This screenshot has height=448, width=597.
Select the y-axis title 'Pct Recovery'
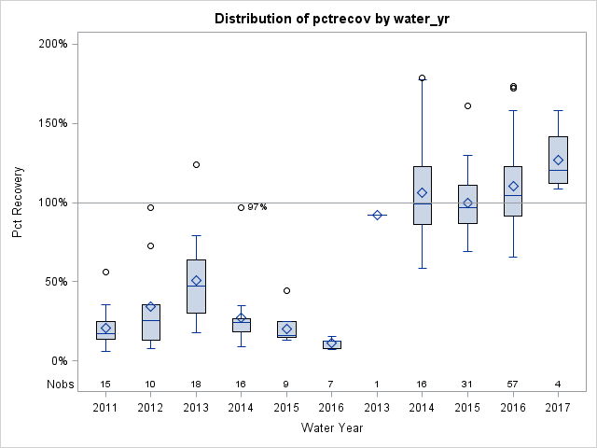19,203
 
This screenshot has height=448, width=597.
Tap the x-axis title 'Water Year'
332,427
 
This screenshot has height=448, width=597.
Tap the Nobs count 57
513,384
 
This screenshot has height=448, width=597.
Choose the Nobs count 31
467,384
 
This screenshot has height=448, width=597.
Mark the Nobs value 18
196,384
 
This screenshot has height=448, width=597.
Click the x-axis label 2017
558,408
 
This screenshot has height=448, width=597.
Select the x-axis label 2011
105,408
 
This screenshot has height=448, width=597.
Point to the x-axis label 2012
151,408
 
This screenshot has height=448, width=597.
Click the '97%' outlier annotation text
257,207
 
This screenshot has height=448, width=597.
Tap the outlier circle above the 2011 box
105,272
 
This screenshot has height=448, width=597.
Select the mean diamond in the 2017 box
558,160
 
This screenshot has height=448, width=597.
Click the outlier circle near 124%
196,164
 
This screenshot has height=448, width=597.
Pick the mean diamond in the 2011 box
105,328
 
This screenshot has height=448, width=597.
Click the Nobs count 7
332,384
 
